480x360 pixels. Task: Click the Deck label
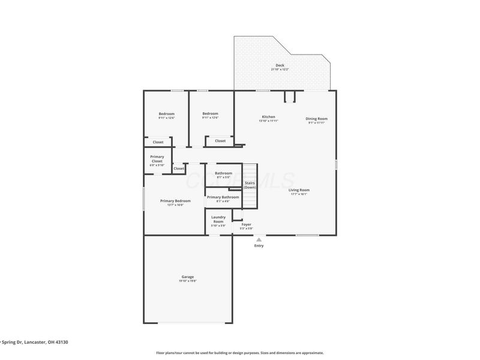(280, 65)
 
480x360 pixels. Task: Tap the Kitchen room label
(268, 116)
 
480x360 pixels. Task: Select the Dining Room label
(316, 118)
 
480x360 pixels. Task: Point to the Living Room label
(299, 190)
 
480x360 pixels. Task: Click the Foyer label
(246, 224)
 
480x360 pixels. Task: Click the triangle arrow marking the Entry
(259, 239)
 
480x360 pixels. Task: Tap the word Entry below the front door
(259, 245)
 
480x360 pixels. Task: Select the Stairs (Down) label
(250, 185)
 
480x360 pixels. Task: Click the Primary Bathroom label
(223, 197)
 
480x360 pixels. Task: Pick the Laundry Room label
(218, 219)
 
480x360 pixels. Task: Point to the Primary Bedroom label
(175, 200)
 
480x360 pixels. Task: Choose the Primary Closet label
(157, 159)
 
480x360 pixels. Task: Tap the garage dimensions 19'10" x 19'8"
(187, 281)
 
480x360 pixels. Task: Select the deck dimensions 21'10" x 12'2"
(280, 70)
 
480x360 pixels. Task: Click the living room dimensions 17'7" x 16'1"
(299, 194)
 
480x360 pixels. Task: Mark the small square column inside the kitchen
(290, 97)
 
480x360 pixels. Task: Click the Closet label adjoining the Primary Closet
(179, 169)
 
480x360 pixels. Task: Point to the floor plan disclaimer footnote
(239, 353)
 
